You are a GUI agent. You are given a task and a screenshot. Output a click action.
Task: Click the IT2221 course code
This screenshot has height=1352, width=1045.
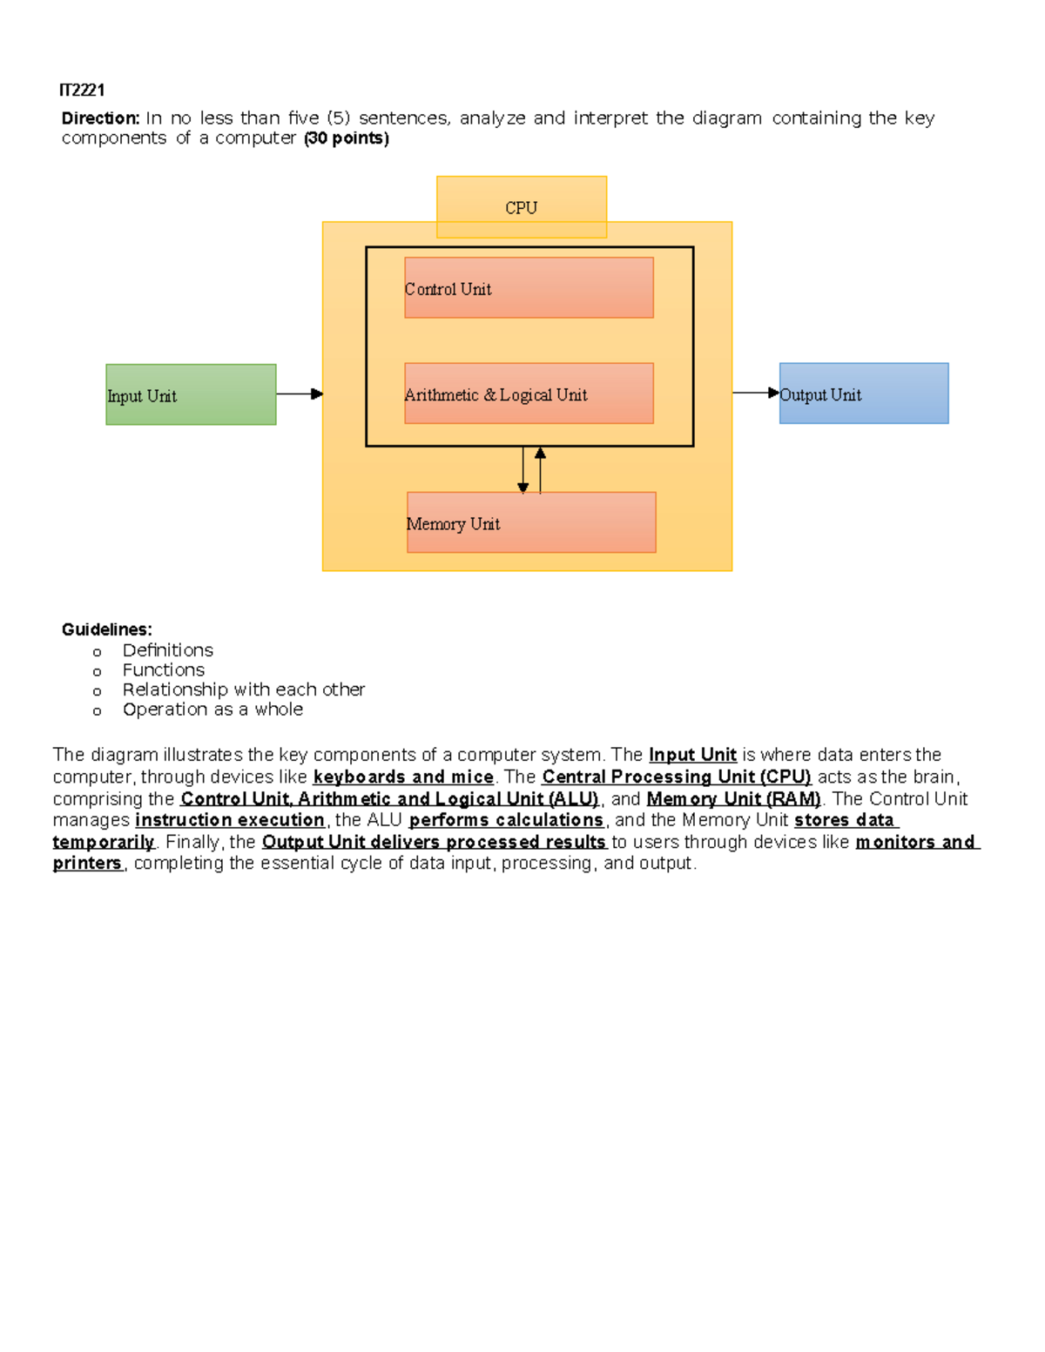(x=82, y=91)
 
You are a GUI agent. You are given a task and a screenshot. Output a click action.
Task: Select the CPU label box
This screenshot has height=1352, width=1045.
(x=521, y=207)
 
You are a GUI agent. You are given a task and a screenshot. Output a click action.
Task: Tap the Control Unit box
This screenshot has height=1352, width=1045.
(x=529, y=287)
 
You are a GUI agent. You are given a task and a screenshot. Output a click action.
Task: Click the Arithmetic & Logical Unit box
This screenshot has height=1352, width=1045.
(x=529, y=393)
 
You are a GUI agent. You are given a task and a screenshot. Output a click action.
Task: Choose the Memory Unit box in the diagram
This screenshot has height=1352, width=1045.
(x=531, y=522)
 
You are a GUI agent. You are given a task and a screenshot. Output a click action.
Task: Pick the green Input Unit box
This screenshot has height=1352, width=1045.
(x=191, y=394)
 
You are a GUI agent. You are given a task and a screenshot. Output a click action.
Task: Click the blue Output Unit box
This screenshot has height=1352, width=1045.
(x=863, y=393)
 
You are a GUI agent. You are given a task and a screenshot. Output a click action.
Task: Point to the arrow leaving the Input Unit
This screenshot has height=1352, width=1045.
(x=300, y=394)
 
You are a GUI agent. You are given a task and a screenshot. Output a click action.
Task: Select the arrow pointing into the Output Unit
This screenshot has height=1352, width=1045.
(x=755, y=393)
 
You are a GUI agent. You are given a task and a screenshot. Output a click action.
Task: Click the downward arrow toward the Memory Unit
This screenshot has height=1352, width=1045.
(x=522, y=470)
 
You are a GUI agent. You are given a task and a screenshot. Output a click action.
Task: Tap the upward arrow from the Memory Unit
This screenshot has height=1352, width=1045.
(x=540, y=470)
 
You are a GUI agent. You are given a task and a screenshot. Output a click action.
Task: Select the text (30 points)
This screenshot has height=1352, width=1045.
(x=346, y=138)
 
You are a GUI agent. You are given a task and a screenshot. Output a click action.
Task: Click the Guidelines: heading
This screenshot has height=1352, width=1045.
(x=106, y=629)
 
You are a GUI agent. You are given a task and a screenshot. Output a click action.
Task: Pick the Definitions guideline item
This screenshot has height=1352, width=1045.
(x=167, y=650)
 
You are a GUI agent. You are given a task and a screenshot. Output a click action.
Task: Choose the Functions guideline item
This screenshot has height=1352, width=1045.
(x=163, y=670)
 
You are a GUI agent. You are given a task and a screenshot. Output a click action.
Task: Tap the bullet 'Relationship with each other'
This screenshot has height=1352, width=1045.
(x=243, y=689)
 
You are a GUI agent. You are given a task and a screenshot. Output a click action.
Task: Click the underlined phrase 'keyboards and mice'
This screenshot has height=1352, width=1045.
(x=403, y=777)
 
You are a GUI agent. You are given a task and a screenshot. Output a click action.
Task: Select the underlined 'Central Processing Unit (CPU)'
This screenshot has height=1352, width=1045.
(x=676, y=777)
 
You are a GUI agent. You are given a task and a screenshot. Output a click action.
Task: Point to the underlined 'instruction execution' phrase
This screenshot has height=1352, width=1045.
(x=230, y=820)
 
